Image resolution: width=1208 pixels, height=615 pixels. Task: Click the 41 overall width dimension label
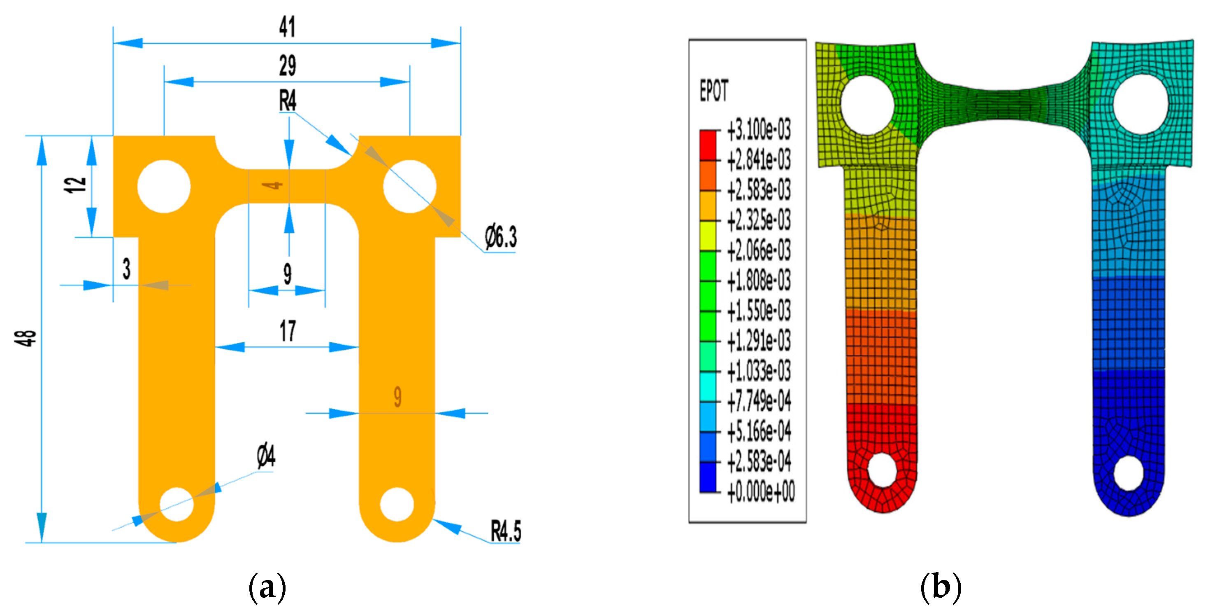tap(287, 27)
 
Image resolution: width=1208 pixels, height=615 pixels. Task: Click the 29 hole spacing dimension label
tap(287, 66)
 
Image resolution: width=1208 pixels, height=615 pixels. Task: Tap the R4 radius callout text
tap(288, 101)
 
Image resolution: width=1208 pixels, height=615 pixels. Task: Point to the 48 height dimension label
tap(26, 338)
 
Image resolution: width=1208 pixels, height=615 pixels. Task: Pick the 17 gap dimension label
tap(288, 331)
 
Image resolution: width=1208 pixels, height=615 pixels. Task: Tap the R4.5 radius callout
tap(506, 531)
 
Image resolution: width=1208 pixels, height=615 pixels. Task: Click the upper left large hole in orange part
tap(164, 186)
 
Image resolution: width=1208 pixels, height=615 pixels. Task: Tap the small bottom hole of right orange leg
tap(397, 505)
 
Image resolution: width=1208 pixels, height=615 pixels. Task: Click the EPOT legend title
tap(714, 91)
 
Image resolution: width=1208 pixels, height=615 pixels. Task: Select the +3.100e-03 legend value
tap(759, 130)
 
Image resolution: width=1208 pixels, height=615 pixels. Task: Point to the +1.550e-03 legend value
tap(759, 311)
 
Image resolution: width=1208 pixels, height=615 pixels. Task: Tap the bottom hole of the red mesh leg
tap(882, 470)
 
